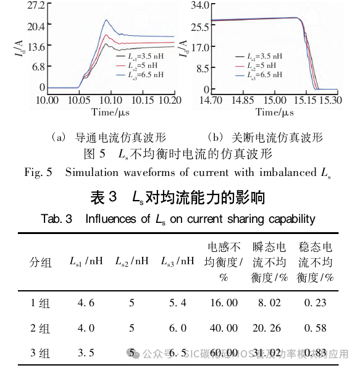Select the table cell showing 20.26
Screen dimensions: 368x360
(x=270, y=328)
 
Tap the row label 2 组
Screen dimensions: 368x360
(x=40, y=328)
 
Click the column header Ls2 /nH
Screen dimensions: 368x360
(x=132, y=262)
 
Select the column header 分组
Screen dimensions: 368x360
(x=40, y=262)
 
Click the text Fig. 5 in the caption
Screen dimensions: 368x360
(x=38, y=171)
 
